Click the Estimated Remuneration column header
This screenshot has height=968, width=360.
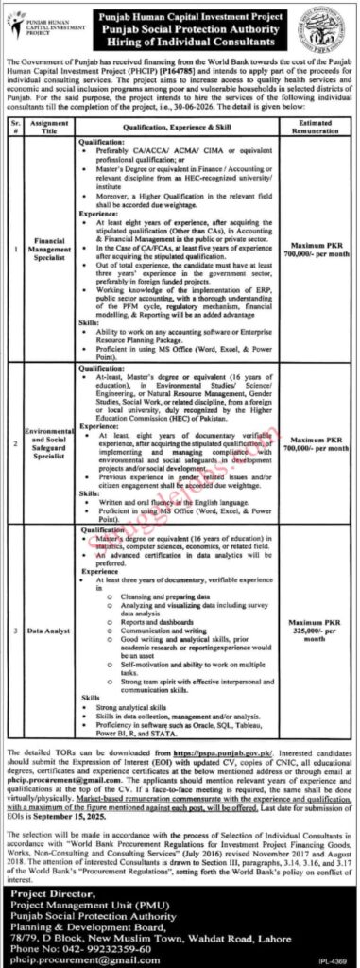[312, 124]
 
